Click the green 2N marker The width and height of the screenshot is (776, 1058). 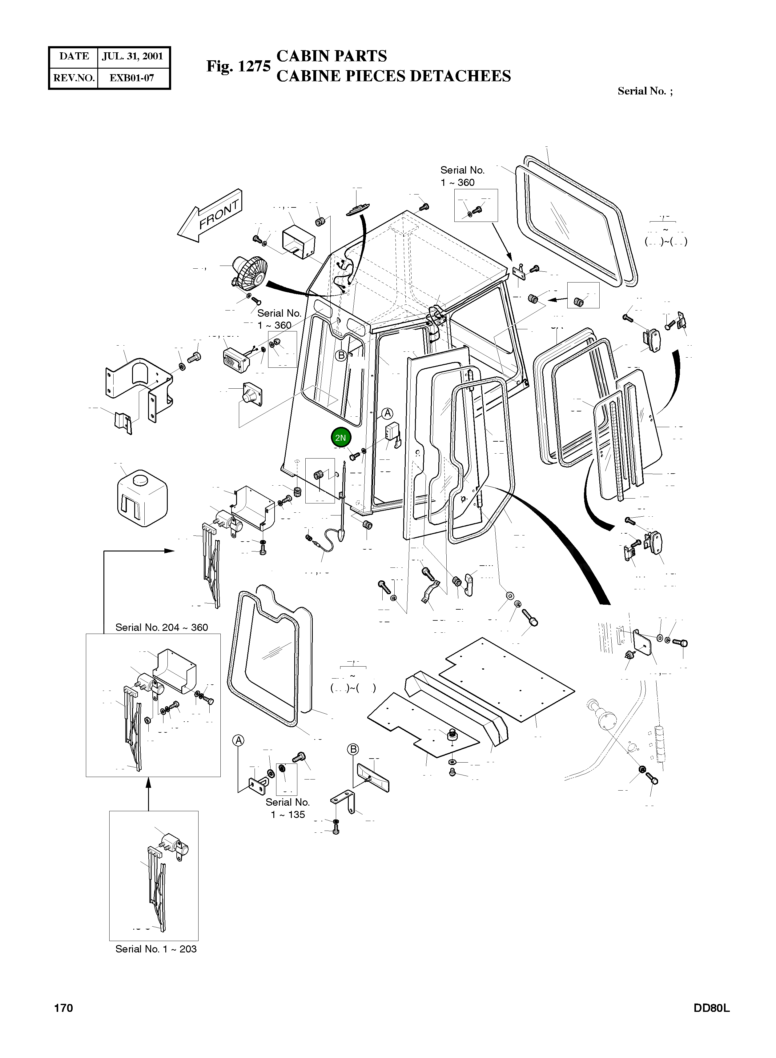point(340,438)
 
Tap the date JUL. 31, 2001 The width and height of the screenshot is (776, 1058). point(132,56)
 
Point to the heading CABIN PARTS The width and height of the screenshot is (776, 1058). point(332,56)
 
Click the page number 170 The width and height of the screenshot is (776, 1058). point(63,1008)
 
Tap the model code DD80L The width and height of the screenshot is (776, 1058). point(711,1008)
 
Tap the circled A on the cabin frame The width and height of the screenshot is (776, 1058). point(387,413)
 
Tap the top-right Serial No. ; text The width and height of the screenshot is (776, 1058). point(645,91)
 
